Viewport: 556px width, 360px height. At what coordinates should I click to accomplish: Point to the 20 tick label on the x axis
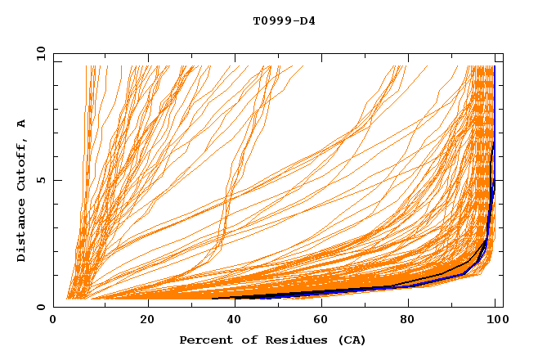tap(147, 320)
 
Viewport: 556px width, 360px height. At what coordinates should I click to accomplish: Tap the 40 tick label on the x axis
tap(236, 320)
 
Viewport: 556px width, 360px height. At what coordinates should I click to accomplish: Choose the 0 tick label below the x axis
tap(54, 320)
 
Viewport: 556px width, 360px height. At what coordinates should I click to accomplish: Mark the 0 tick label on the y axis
tap(41, 307)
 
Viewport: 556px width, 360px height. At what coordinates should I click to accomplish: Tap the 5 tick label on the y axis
tap(41, 180)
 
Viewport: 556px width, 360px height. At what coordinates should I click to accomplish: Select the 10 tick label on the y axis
tap(38, 52)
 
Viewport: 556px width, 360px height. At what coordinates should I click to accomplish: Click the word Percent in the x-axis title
tap(202, 340)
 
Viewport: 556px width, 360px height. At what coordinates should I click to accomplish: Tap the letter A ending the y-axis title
tap(21, 123)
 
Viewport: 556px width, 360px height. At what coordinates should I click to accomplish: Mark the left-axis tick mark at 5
tap(56, 180)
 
